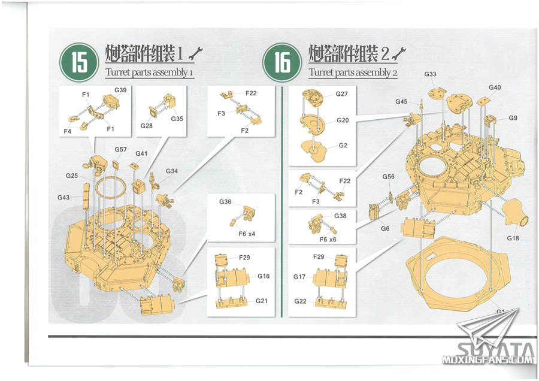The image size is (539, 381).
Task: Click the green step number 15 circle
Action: coord(80,62)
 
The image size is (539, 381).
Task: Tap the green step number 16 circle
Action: coord(282,62)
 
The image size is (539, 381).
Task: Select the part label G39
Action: coord(120,90)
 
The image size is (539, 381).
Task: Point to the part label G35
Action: coord(177,119)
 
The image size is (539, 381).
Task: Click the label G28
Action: coord(147,126)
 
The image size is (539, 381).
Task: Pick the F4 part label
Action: coord(67,131)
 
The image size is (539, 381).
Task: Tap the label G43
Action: coord(63,197)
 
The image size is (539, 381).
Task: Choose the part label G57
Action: coord(120,150)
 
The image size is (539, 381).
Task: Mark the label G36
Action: coord(225,202)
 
